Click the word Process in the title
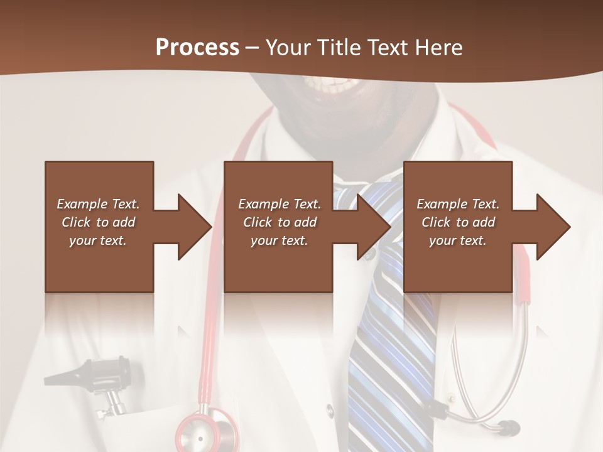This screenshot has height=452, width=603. click(197, 48)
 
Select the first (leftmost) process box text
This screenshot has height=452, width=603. click(98, 222)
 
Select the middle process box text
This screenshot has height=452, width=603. click(280, 222)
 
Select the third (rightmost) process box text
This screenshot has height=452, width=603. click(458, 222)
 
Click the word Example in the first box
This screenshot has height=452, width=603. click(82, 204)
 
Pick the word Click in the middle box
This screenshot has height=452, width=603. click(256, 222)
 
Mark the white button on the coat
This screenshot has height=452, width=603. click(329, 411)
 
